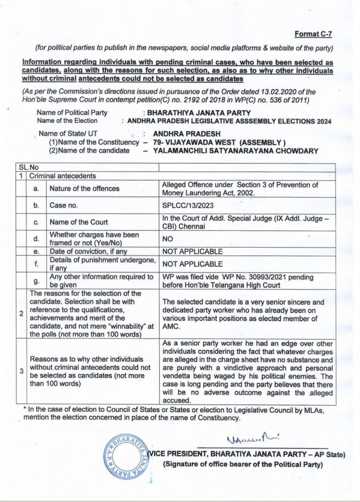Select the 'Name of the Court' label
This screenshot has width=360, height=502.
79,222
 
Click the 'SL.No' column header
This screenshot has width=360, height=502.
28,168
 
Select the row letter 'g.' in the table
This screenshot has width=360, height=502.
36,280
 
